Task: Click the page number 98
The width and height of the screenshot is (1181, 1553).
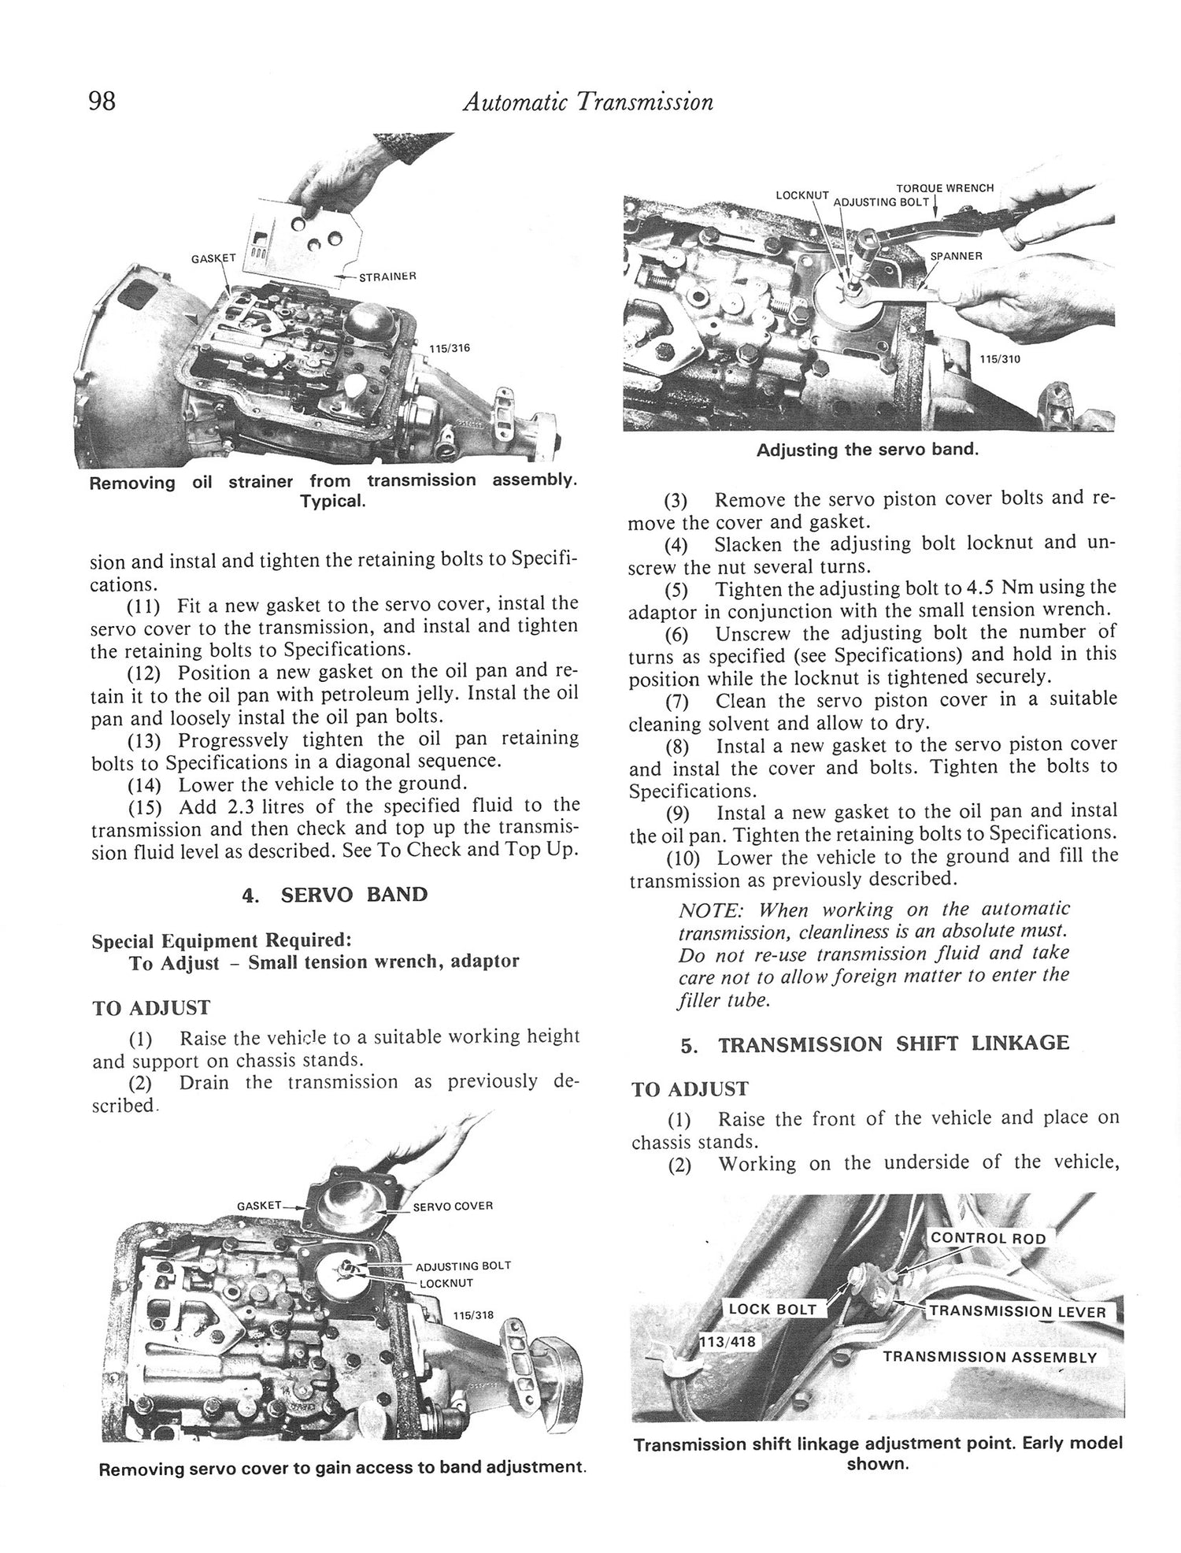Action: (103, 102)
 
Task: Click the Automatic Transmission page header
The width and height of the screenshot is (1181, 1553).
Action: (588, 102)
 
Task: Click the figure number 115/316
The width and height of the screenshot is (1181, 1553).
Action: (450, 348)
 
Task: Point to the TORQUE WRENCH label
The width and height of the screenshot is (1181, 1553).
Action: (945, 188)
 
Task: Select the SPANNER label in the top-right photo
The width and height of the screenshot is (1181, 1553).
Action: (956, 257)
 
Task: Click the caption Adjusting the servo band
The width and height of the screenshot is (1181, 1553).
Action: (868, 450)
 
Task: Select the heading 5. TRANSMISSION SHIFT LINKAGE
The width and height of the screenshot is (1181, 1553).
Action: (876, 1044)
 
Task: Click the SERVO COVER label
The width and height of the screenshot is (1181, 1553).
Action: (453, 1206)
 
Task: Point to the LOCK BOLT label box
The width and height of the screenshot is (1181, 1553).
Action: (772, 1309)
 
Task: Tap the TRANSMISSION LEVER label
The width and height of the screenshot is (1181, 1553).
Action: (1018, 1312)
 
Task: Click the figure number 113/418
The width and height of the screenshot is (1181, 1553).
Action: (727, 1340)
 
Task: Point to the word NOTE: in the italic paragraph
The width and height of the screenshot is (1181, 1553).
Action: (710, 910)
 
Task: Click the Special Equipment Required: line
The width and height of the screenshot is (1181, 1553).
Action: (221, 941)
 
